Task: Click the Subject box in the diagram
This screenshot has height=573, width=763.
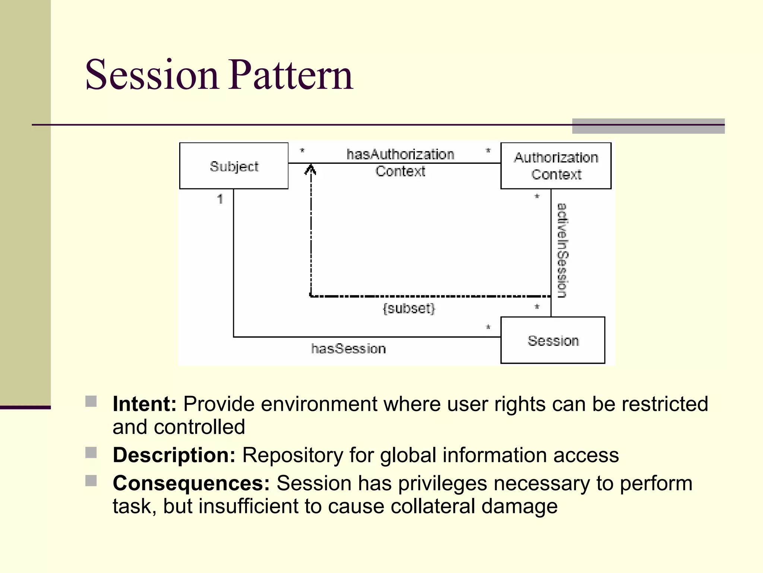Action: point(234,166)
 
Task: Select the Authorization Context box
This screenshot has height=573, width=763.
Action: point(555,166)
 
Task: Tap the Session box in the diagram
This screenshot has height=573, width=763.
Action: point(553,340)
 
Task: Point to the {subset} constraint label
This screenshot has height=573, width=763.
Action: point(409,309)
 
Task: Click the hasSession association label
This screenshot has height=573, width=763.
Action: point(348,349)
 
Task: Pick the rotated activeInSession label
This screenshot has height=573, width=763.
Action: point(562,250)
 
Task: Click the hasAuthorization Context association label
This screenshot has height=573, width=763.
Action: point(400,163)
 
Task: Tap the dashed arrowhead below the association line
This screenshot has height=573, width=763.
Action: point(310,170)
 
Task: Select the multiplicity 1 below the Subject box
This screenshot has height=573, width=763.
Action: point(220,199)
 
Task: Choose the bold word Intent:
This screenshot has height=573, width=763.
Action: point(145,404)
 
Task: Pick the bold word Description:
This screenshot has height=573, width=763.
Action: point(174,455)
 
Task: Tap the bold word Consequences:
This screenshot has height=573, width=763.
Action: point(191,483)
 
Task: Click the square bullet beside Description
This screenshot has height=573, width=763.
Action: point(91,453)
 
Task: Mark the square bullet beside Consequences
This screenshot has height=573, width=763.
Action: point(91,481)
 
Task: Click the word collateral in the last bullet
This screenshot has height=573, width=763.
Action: point(433,507)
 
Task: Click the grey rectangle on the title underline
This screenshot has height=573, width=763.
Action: point(648,126)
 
